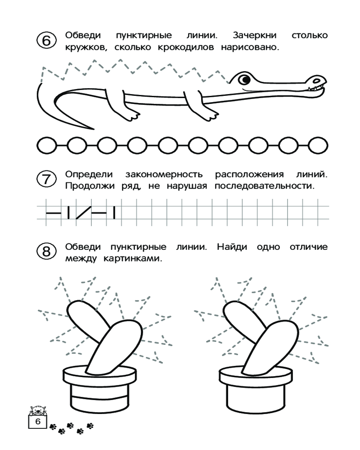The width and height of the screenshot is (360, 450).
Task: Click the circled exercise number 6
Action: coord(46,40)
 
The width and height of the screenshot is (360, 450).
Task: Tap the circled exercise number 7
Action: coord(46,179)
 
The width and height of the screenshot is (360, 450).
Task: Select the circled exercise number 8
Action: coord(46,252)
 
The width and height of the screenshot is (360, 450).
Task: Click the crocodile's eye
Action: coord(244,80)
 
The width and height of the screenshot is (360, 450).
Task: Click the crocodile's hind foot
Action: coord(133,115)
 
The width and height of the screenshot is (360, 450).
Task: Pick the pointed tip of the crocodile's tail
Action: coord(93,129)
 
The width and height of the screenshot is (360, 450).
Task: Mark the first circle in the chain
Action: coord(46,145)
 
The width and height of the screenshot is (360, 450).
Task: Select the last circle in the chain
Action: coord(318,145)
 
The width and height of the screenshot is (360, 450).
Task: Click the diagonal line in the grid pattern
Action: coord(84,213)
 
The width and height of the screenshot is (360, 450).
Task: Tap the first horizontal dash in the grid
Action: coord(54,213)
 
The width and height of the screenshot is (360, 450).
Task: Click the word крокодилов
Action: coord(186,47)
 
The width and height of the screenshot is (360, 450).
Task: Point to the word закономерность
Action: coord(164,175)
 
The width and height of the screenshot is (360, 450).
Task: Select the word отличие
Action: coord(309,247)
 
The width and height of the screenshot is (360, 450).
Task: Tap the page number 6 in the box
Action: coord(38,422)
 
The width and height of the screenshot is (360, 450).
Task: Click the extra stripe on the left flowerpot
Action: coord(99,397)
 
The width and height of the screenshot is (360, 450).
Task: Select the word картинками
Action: coord(133,259)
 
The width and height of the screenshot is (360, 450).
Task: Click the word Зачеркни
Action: coord(255,36)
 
